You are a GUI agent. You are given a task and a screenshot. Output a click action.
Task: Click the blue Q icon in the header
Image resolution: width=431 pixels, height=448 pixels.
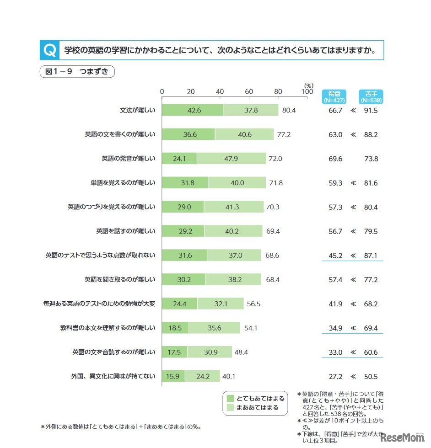click(x=49, y=50)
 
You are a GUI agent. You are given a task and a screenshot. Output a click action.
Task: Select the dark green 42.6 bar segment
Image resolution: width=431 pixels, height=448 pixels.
click(x=193, y=110)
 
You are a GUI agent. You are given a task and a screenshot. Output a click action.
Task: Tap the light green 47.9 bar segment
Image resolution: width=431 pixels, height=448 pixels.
click(x=231, y=159)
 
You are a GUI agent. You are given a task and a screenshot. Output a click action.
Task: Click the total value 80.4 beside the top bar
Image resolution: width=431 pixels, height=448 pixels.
click(x=289, y=110)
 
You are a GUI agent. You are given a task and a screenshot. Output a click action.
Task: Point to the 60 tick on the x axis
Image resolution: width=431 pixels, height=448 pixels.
click(x=249, y=91)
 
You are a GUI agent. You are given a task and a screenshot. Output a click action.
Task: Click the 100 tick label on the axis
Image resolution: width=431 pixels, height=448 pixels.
click(x=307, y=91)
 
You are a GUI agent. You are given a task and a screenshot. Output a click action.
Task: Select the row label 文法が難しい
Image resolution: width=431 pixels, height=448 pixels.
click(x=138, y=110)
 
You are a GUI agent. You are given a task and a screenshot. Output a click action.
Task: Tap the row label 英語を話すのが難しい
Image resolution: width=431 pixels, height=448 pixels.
click(x=126, y=231)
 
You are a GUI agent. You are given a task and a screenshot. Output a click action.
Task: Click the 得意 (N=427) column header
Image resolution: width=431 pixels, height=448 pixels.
click(x=334, y=96)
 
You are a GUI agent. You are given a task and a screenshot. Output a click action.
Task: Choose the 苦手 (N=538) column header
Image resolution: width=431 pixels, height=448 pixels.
click(x=371, y=96)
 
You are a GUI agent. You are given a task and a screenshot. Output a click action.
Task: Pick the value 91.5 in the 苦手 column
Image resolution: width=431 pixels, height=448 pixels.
click(x=371, y=110)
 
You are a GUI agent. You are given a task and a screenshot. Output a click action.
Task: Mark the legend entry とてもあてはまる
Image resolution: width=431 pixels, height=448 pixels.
click(x=255, y=399)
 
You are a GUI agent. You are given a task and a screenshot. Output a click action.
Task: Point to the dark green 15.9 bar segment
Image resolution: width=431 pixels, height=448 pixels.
click(x=173, y=377)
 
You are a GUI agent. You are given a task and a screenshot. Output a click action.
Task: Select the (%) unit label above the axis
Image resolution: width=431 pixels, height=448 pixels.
click(x=309, y=85)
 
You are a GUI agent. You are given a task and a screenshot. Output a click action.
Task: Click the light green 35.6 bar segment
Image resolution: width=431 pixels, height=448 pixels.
click(x=214, y=328)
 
